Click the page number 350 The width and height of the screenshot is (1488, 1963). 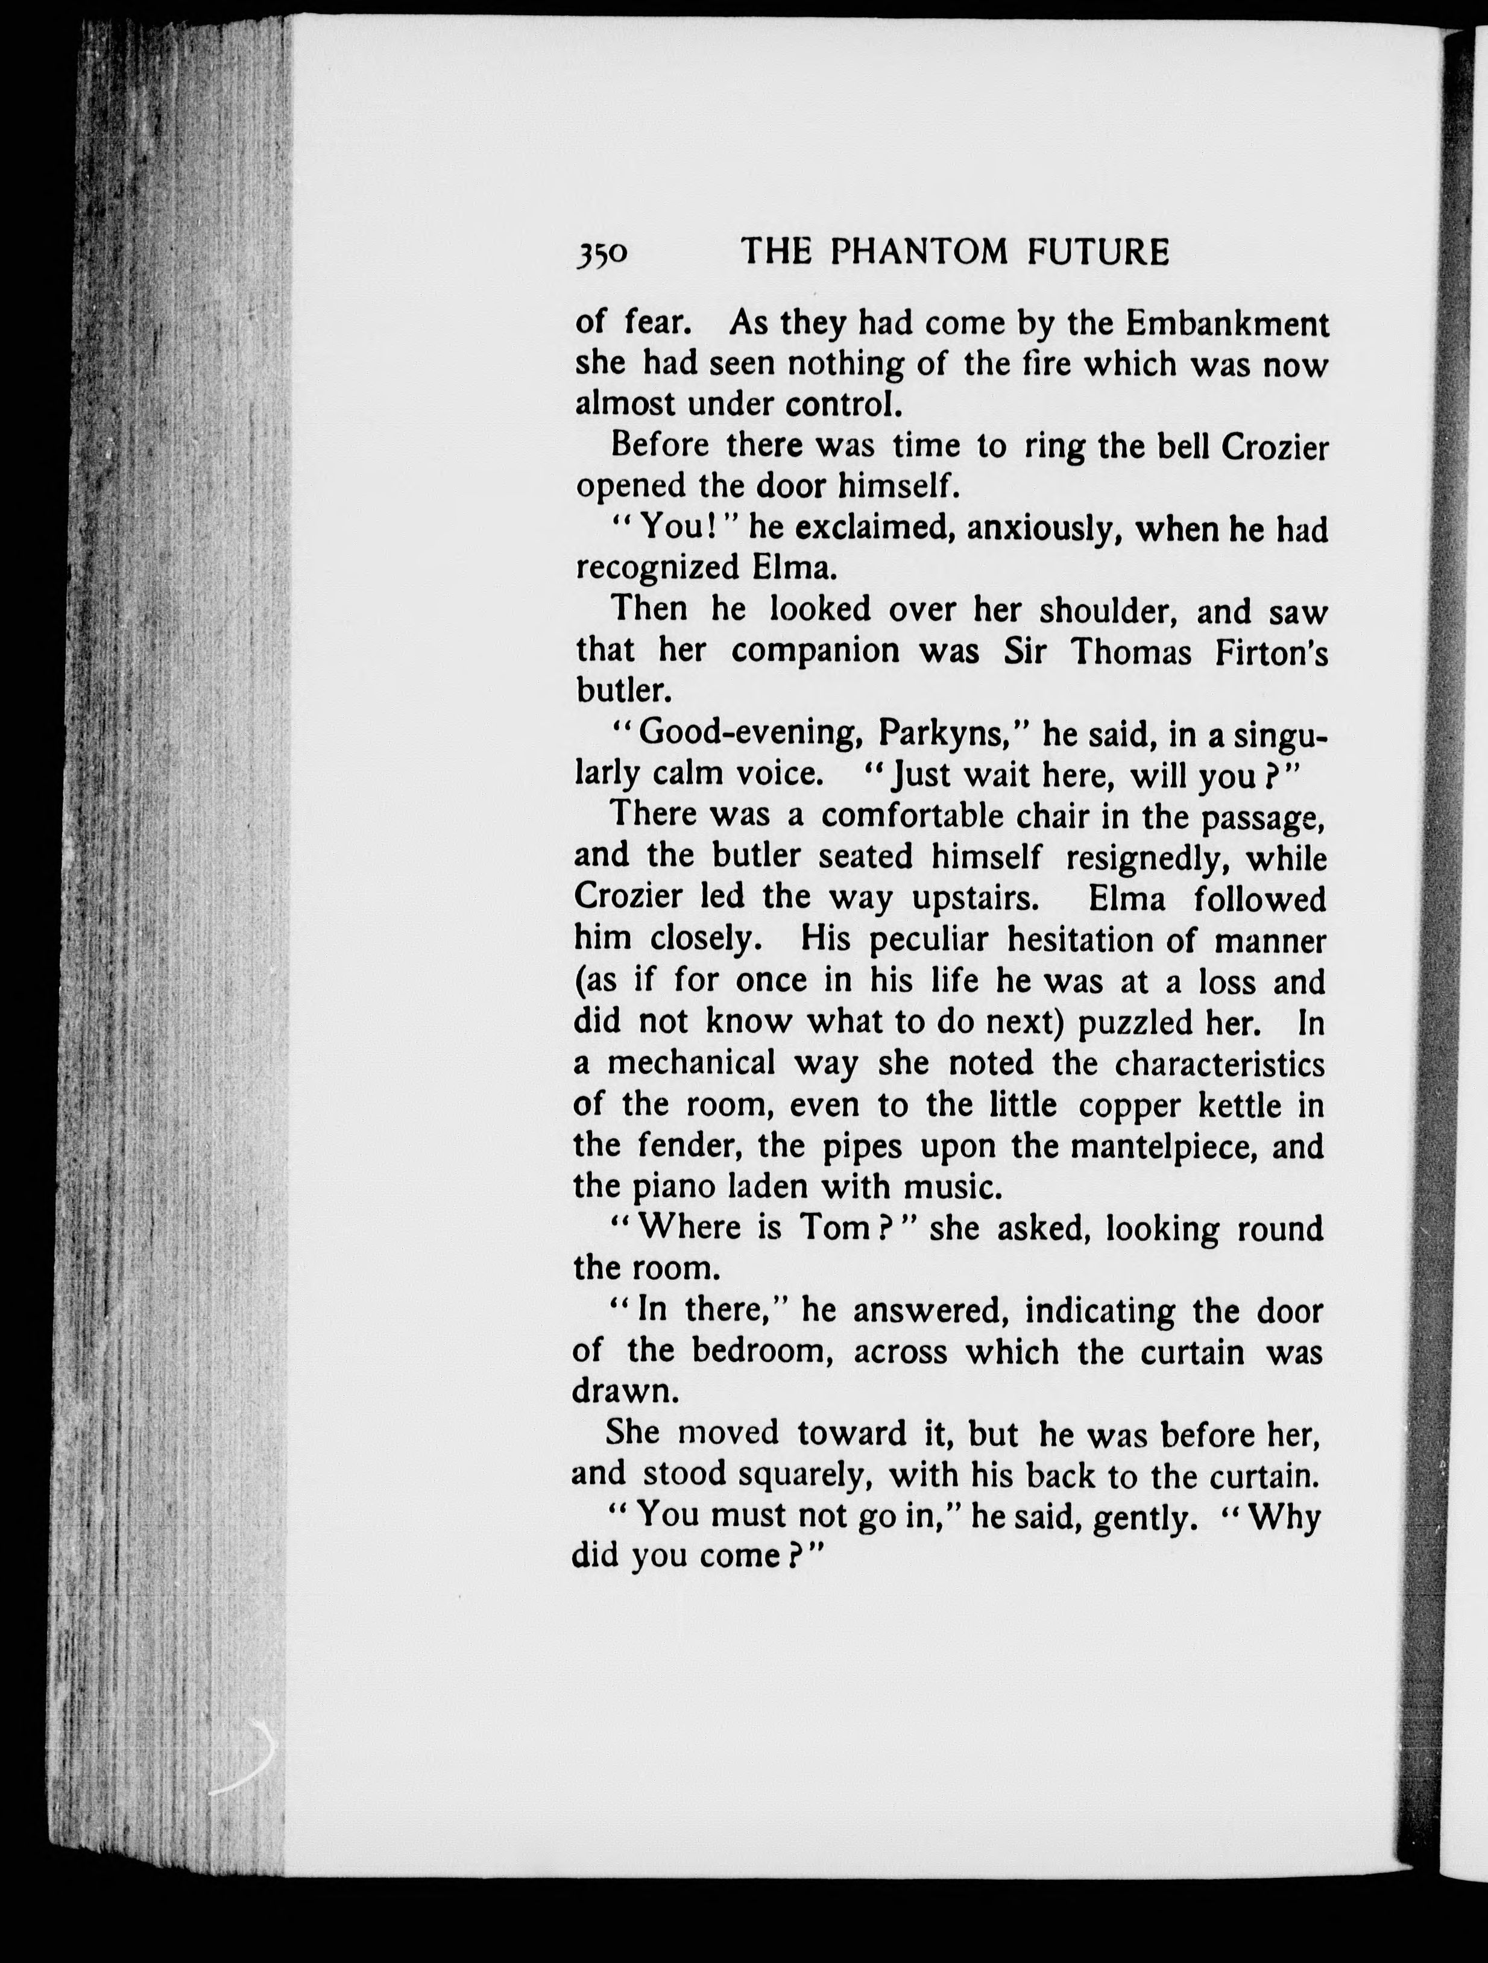(x=602, y=254)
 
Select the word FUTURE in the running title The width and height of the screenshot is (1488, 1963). (x=1099, y=253)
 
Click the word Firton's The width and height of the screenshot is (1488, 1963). (x=1272, y=652)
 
